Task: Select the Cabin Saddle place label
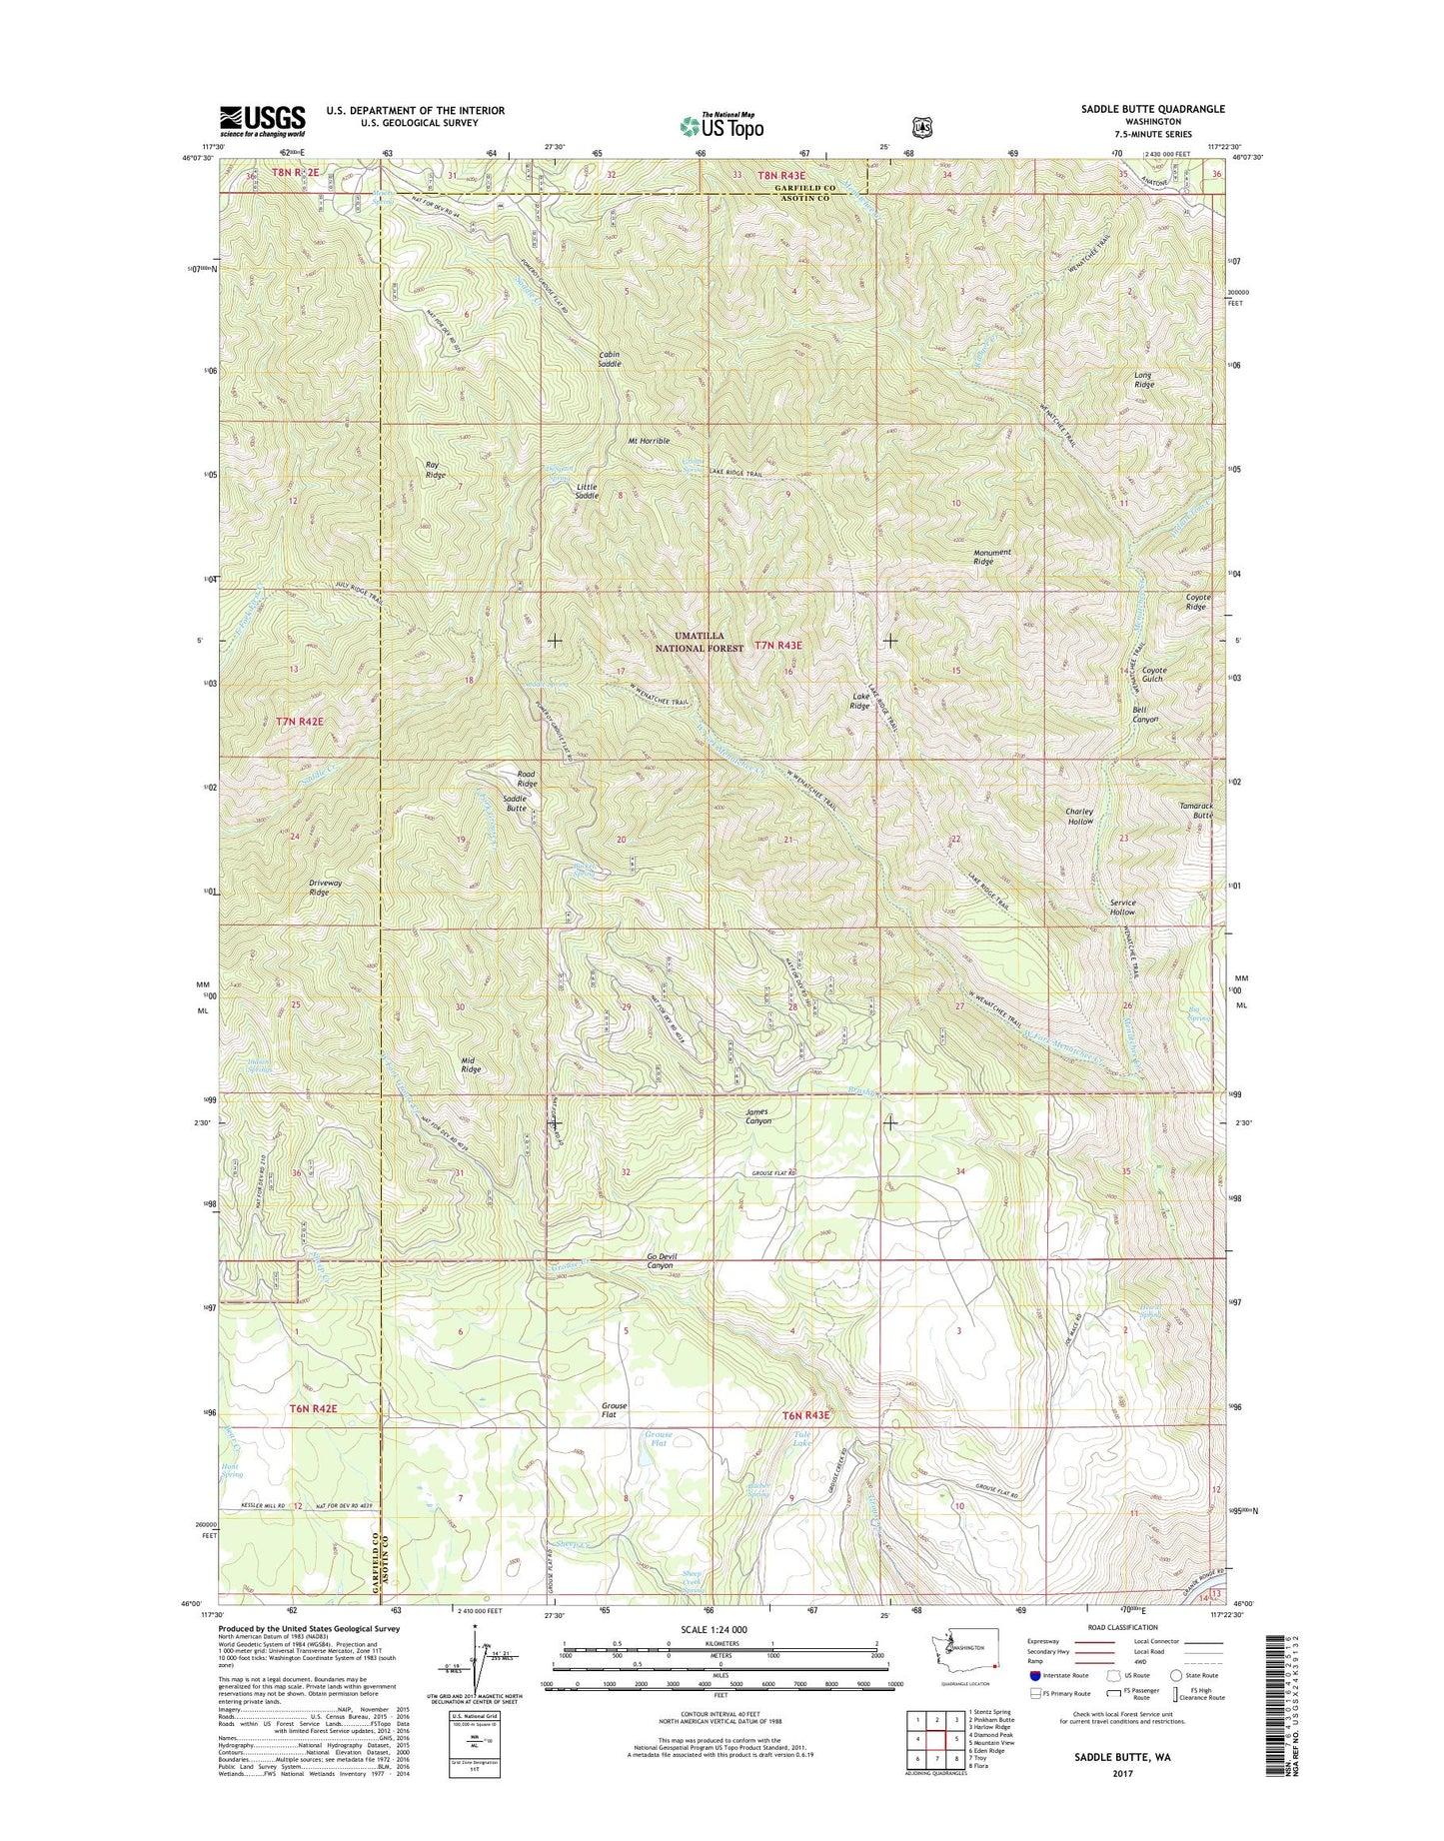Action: click(x=610, y=359)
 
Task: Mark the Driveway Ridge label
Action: click(x=318, y=888)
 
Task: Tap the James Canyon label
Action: click(x=758, y=1116)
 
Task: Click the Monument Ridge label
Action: click(x=991, y=557)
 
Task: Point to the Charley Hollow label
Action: click(x=1079, y=816)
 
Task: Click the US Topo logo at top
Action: click(x=722, y=126)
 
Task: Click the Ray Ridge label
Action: click(x=436, y=470)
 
